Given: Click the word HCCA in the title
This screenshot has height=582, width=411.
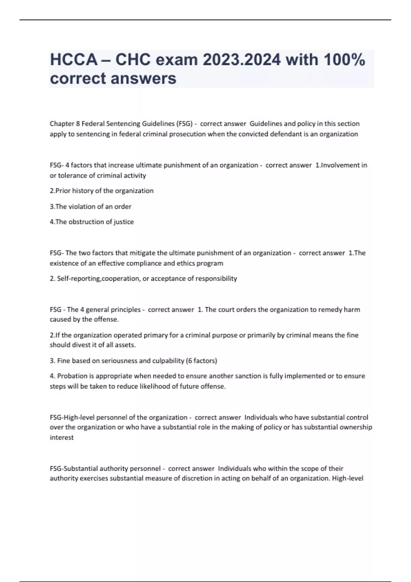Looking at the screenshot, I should coord(74,60).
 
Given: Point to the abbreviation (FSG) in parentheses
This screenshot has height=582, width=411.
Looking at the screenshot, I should coord(184,124).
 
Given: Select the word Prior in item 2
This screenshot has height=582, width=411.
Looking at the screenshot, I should coord(63,191).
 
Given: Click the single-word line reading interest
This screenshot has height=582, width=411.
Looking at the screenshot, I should coord(62,438).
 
